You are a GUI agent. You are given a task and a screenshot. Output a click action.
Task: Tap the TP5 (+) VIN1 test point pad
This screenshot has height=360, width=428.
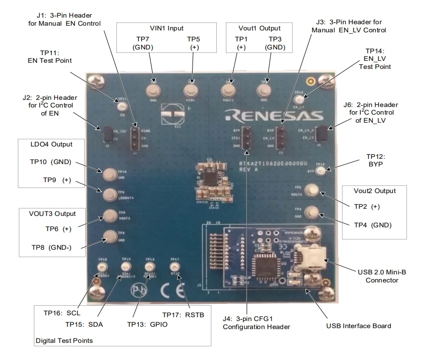[192, 90]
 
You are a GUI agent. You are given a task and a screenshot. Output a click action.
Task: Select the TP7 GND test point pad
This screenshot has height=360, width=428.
[155, 90]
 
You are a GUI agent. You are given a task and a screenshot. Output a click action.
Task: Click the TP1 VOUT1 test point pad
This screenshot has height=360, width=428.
[229, 90]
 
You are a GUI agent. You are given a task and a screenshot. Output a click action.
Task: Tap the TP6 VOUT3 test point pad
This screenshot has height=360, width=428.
[110, 215]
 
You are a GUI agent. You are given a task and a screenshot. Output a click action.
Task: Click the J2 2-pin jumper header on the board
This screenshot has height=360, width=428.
[107, 135]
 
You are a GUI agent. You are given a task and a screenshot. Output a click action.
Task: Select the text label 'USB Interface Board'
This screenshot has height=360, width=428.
[359, 326]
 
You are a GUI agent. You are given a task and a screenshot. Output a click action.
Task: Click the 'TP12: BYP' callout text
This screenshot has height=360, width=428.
[378, 160]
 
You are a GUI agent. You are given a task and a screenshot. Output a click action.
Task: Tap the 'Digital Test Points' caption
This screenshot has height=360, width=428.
[64, 341]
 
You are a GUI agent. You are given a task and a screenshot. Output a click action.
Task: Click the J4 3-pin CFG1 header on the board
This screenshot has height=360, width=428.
[247, 138]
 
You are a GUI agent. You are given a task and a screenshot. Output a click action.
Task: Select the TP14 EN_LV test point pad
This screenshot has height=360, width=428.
[299, 99]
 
